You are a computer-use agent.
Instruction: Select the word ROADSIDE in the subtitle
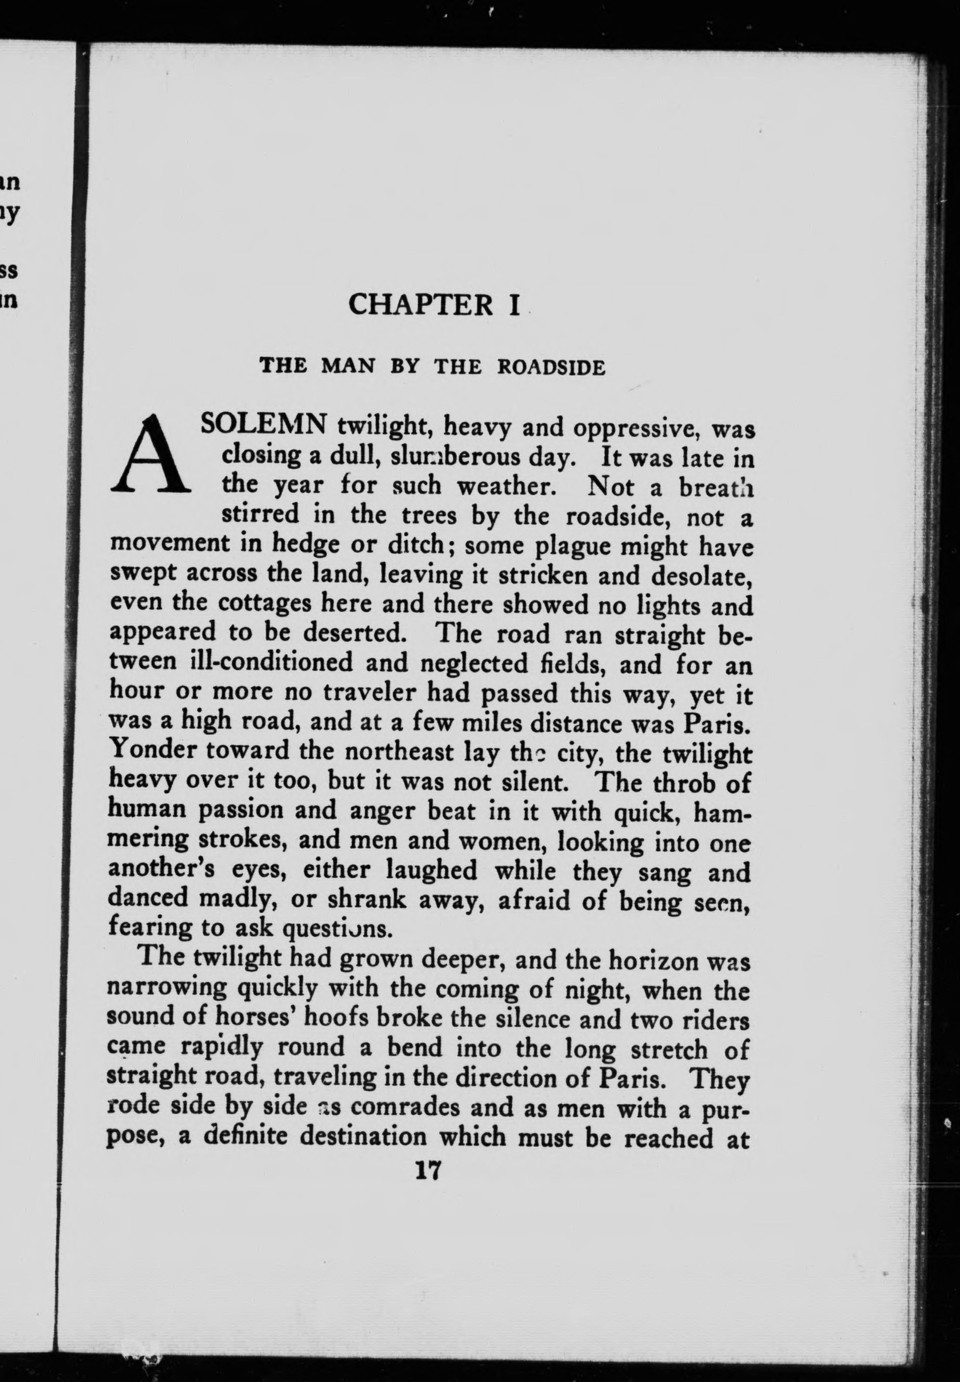(x=551, y=367)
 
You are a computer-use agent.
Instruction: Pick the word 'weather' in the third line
(x=505, y=486)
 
